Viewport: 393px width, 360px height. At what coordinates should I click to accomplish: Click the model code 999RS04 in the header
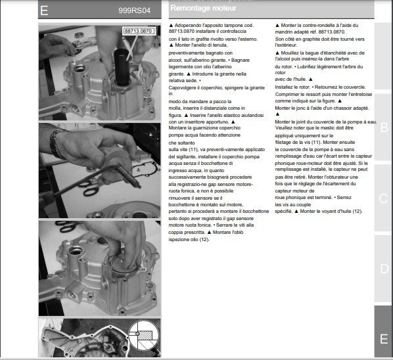(134, 11)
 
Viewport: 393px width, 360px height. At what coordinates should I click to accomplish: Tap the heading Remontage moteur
(203, 8)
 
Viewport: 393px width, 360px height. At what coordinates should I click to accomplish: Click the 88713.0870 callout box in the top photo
(138, 31)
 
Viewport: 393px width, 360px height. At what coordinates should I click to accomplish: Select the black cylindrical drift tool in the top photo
(122, 67)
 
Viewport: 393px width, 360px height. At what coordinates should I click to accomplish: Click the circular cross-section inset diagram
(144, 336)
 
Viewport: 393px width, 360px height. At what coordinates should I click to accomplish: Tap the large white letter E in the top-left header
(44, 11)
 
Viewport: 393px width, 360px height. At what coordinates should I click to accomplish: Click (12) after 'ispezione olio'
(204, 240)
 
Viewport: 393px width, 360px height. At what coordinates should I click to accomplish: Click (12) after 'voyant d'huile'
(358, 211)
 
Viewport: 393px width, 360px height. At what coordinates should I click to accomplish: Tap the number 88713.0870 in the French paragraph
(332, 32)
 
